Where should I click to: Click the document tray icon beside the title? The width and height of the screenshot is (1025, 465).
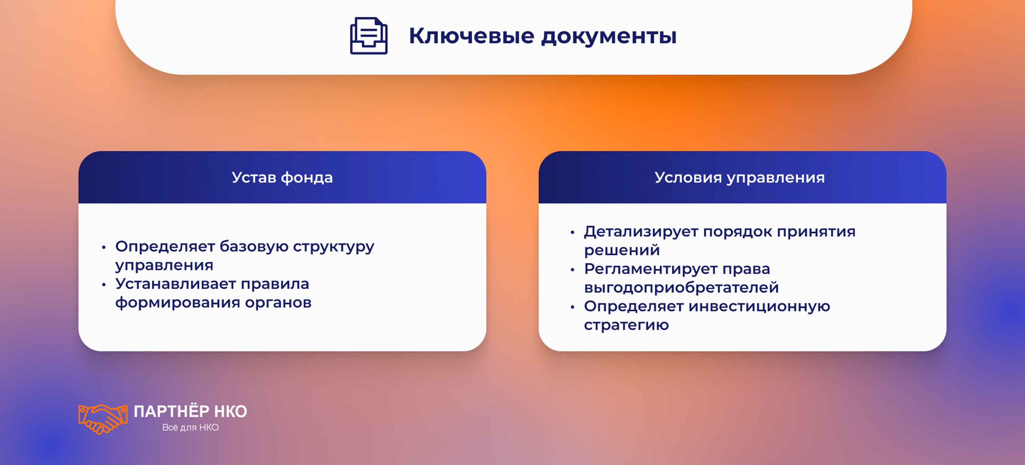369,36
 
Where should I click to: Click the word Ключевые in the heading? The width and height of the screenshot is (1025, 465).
472,36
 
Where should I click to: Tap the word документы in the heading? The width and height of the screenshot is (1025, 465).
609,36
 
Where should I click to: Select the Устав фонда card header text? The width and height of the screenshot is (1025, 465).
282,177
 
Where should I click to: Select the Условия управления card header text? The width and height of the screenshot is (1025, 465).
739,177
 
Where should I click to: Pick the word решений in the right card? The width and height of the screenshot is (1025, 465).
622,250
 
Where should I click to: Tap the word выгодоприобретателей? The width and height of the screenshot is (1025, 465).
681,288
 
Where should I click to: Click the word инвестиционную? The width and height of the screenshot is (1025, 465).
759,306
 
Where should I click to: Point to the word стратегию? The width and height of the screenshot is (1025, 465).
626,325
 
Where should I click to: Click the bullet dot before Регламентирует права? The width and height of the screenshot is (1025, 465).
572,270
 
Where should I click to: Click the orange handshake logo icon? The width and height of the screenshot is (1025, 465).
103,419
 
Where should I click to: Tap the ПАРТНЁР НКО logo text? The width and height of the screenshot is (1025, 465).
190,412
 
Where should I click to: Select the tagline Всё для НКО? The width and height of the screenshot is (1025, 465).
190,427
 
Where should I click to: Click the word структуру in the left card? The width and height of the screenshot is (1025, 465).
333,247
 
